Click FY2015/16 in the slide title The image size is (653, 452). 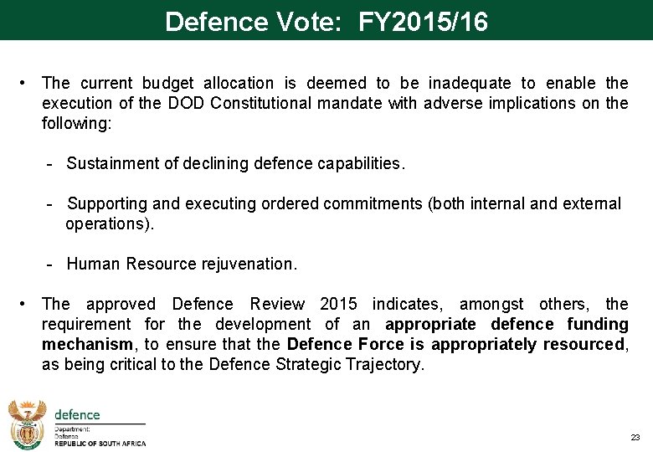[x=423, y=22]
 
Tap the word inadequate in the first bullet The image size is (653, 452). [x=470, y=83]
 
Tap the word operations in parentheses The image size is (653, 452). [x=106, y=223]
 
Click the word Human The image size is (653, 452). [x=94, y=264]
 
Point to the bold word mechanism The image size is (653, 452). [x=87, y=344]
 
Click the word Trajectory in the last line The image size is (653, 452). [x=385, y=364]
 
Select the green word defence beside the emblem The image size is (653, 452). [x=77, y=414]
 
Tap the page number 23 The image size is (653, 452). [x=634, y=438]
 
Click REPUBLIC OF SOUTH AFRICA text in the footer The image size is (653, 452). [x=100, y=444]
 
